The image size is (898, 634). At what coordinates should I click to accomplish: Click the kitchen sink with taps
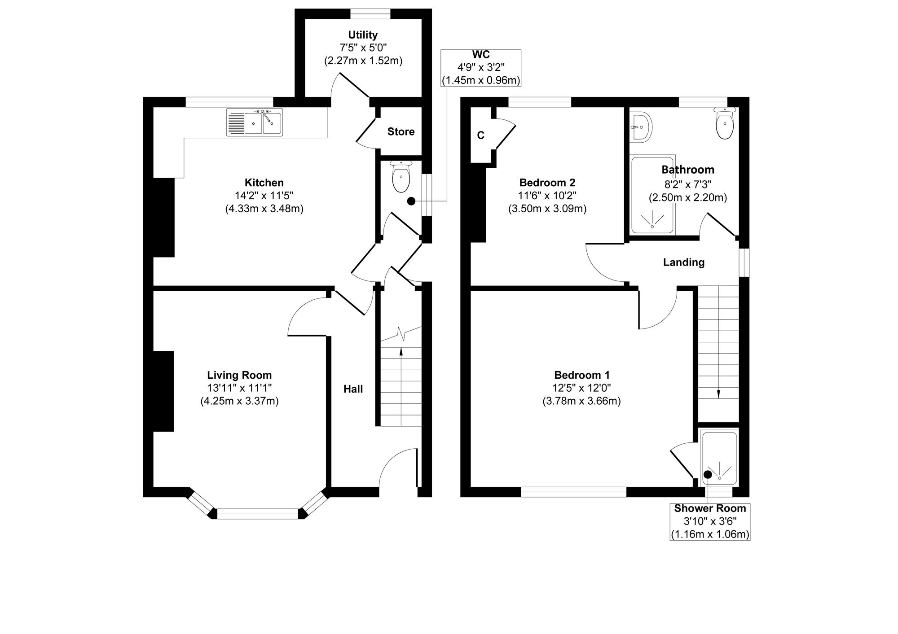[255, 122]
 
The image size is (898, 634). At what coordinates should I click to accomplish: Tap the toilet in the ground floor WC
[401, 176]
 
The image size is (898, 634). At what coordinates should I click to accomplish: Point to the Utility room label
[363, 35]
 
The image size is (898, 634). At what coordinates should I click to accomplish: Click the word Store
[401, 131]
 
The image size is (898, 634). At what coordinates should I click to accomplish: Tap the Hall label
[353, 389]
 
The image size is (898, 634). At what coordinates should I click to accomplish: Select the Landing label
[684, 262]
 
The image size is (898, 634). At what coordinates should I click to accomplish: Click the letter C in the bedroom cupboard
[481, 136]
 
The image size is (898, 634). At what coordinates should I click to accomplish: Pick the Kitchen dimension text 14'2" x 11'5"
[264, 196]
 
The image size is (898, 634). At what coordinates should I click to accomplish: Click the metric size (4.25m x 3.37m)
[239, 401]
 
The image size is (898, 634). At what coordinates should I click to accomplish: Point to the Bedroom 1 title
[582, 375]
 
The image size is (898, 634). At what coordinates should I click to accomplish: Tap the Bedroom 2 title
[547, 183]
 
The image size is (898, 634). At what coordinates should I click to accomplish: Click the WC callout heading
[481, 55]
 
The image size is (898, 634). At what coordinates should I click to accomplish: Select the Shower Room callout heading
[710, 508]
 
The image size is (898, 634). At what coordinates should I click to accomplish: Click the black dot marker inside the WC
[411, 201]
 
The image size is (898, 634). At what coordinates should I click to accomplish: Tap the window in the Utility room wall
[370, 14]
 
